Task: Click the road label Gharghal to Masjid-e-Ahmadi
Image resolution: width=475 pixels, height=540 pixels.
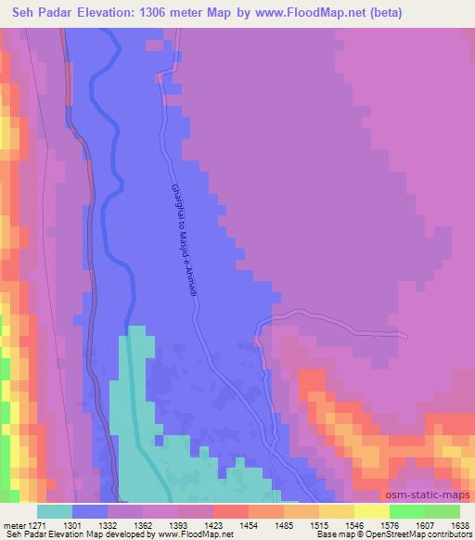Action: pos(184,235)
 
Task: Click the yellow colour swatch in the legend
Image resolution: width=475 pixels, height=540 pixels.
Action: pos(370,511)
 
